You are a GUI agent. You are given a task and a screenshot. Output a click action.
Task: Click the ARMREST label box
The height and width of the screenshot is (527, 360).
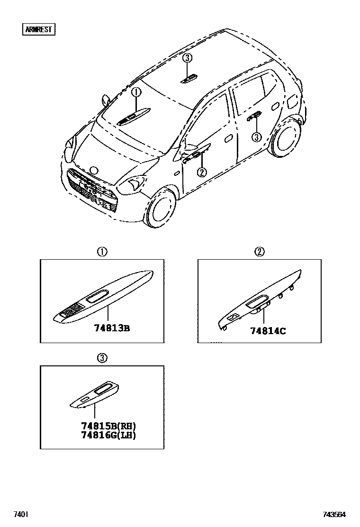tap(39, 29)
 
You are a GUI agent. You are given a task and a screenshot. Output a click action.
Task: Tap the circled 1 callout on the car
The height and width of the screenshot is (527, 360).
tap(136, 92)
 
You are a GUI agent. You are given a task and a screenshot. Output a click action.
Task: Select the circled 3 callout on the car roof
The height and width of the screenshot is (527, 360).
tap(188, 58)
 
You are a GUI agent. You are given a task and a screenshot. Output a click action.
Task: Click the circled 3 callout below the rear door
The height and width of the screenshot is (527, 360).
tap(256, 137)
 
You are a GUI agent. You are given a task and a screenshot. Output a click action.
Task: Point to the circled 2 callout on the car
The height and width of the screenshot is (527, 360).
tap(202, 172)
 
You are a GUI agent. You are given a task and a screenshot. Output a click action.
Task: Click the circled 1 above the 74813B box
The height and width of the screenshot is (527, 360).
tap(102, 252)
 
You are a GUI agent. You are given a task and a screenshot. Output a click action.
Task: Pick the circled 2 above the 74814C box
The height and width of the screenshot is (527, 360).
tap(260, 252)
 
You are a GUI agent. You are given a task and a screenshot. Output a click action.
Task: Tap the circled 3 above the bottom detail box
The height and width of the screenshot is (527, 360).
tap(102, 358)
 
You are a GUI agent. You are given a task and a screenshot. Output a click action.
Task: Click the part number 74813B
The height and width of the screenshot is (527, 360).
tap(111, 327)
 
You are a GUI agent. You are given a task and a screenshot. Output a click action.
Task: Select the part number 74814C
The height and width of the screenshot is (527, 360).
tap(268, 331)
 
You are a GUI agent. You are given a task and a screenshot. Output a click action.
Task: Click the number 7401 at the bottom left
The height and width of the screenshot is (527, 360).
tap(20, 514)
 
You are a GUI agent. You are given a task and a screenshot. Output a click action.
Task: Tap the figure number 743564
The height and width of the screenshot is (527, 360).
tap(334, 514)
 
